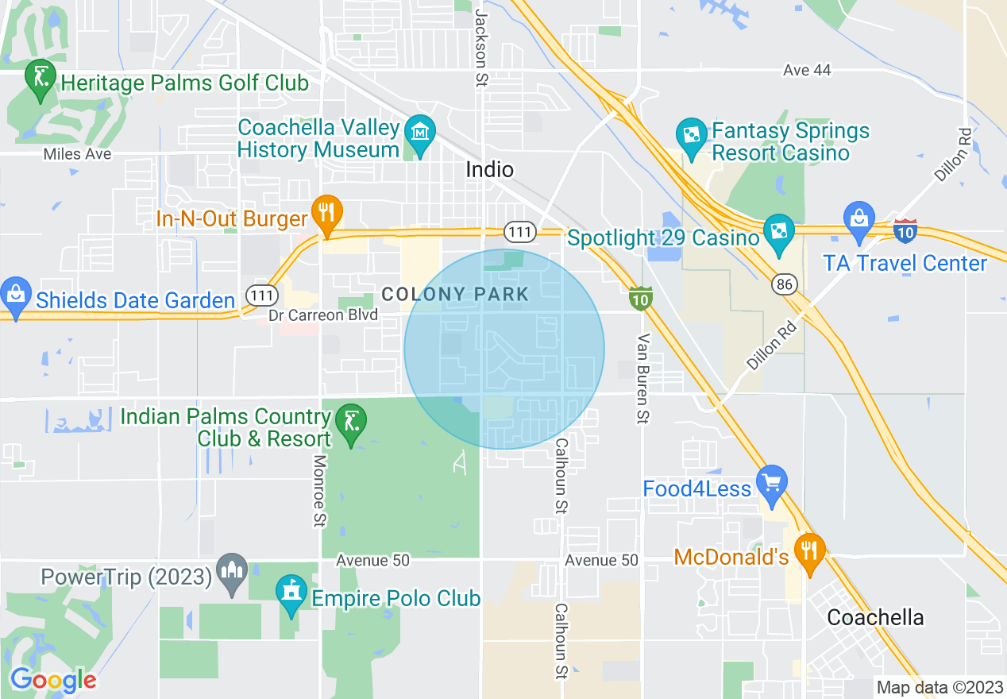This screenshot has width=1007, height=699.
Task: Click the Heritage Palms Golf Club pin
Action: pyautogui.click(x=40, y=78)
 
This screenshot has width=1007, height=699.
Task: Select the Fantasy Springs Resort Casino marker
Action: pyautogui.click(x=692, y=134)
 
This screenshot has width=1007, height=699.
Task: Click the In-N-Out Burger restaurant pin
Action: pyautogui.click(x=326, y=213)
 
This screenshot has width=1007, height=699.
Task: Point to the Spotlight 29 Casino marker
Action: pyautogui.click(x=778, y=232)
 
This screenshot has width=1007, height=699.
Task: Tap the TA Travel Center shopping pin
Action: pyautogui.click(x=859, y=218)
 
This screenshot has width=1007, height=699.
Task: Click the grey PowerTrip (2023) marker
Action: pyautogui.click(x=232, y=571)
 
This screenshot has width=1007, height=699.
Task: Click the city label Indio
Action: pyautogui.click(x=489, y=169)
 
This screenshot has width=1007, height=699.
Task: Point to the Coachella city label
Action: pyautogui.click(x=875, y=617)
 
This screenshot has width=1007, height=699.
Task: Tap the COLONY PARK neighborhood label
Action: pyautogui.click(x=455, y=295)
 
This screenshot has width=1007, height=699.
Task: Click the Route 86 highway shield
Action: pyautogui.click(x=785, y=283)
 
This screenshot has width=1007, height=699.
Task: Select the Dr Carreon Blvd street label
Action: pyautogui.click(x=322, y=316)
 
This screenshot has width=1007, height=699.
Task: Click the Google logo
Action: pyautogui.click(x=53, y=680)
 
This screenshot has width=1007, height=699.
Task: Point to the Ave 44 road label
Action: pyautogui.click(x=807, y=71)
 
